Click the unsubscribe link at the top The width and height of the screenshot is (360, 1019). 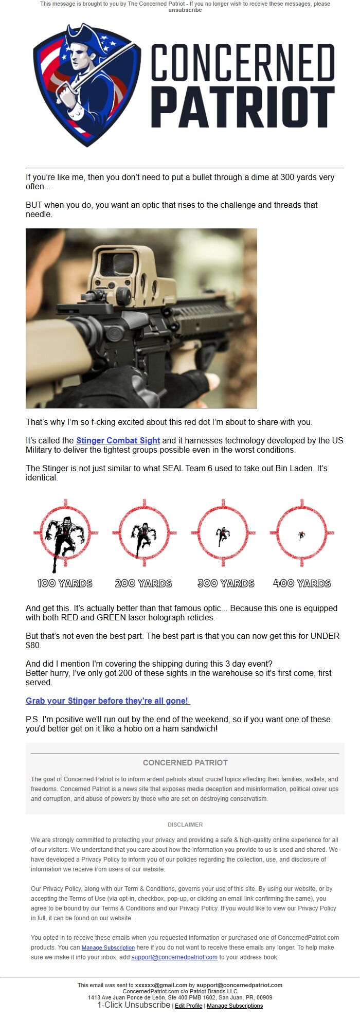tap(185, 10)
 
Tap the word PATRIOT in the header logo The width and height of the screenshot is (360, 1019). tap(243, 108)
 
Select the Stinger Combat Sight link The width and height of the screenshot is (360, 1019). tap(118, 440)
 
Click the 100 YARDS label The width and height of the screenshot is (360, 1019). tap(65, 583)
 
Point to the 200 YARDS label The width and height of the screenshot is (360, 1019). tap(143, 583)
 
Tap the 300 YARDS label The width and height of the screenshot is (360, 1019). tap(226, 583)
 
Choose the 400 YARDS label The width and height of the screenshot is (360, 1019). tap(302, 583)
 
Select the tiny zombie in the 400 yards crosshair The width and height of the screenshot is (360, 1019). tap(301, 535)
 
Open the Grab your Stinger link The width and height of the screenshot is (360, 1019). tap(107, 701)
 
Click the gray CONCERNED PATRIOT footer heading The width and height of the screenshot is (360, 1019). tap(185, 762)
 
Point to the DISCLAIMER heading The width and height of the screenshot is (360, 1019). tap(185, 824)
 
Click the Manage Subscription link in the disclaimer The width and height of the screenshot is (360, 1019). tap(108, 948)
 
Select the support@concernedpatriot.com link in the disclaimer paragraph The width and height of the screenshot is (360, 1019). tap(174, 957)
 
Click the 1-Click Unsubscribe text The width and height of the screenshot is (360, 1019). tap(134, 1005)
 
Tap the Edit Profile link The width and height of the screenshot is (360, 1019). tap(188, 1006)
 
